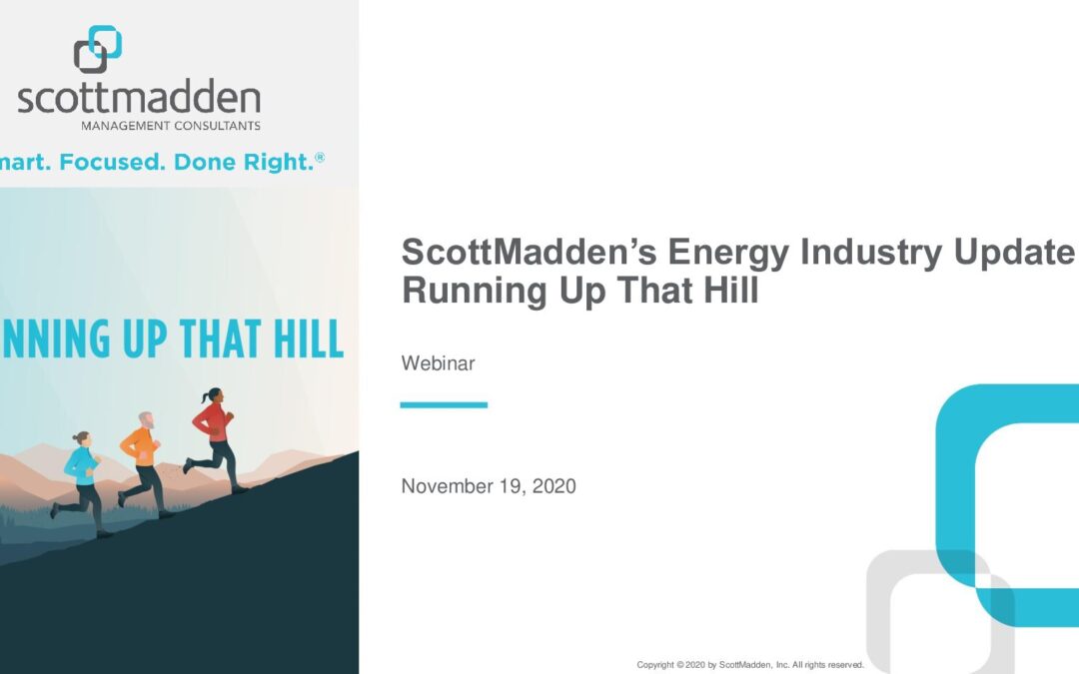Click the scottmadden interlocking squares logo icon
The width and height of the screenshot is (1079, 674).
click(98, 49)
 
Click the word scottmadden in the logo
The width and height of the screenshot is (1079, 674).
click(139, 97)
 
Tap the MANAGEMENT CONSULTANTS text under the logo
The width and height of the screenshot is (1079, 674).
click(171, 126)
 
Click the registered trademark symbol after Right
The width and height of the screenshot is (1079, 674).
click(320, 158)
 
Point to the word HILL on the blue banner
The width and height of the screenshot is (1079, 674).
click(309, 338)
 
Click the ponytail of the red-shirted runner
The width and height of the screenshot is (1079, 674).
click(205, 396)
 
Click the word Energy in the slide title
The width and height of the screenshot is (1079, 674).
click(728, 253)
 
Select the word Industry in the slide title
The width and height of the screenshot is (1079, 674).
click(870, 253)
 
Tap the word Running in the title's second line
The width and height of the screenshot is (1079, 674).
click(475, 291)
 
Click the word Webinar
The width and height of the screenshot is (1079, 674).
click(438, 363)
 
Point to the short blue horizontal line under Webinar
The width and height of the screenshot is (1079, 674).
click(444, 405)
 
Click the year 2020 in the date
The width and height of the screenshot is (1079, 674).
click(553, 486)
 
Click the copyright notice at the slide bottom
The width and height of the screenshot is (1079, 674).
click(750, 665)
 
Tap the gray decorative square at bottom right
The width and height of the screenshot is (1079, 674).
click(879, 612)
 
